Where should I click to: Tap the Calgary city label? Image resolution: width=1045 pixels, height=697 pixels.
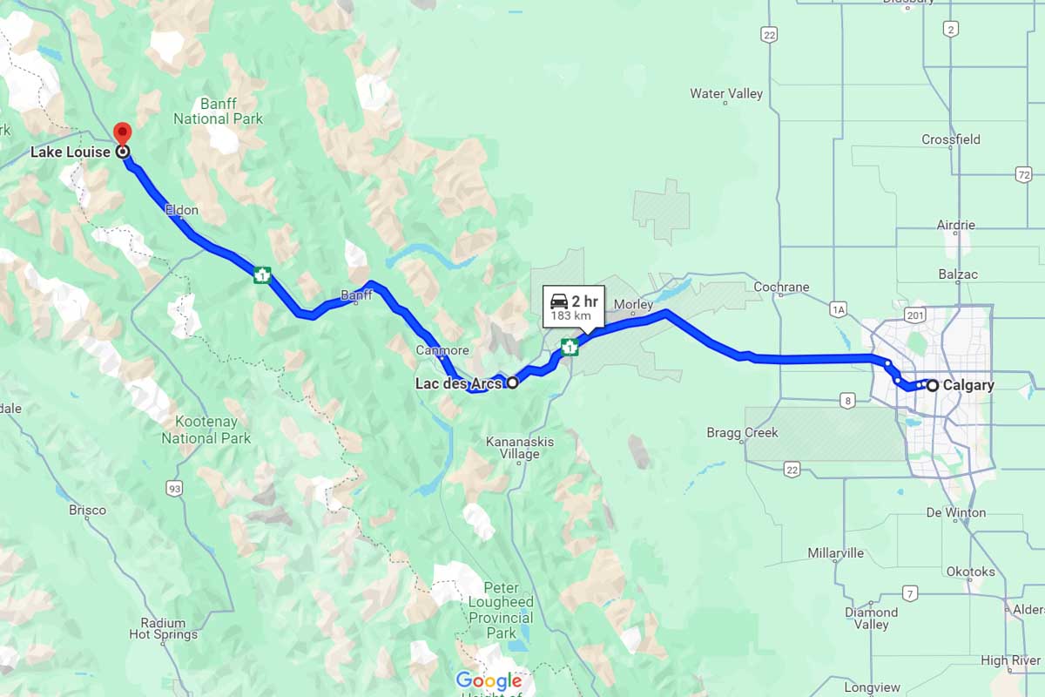[967, 385]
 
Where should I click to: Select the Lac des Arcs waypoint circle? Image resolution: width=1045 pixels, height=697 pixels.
[512, 382]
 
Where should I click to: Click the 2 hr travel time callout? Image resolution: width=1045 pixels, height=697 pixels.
[574, 307]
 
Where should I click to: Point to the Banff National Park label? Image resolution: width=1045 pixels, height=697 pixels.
[218, 111]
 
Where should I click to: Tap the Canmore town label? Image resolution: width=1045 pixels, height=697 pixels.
[442, 350]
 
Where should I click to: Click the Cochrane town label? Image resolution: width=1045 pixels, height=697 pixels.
[782, 287]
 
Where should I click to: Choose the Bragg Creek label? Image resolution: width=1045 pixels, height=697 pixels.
[742, 433]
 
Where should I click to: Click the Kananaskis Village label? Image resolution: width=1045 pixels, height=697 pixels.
[520, 448]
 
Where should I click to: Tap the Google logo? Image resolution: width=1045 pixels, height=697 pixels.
[489, 680]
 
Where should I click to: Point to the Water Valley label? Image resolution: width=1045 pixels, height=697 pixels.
[725, 94]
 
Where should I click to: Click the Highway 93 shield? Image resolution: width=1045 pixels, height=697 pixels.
[175, 489]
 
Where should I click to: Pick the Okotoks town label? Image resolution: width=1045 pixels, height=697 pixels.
[970, 572]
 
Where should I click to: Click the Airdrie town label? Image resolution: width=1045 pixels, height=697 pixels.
[955, 225]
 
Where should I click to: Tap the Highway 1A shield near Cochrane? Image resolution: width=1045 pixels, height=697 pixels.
[839, 308]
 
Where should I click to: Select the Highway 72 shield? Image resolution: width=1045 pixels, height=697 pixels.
[1023, 176]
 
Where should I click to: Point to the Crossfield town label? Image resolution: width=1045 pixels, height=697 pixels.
[950, 139]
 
